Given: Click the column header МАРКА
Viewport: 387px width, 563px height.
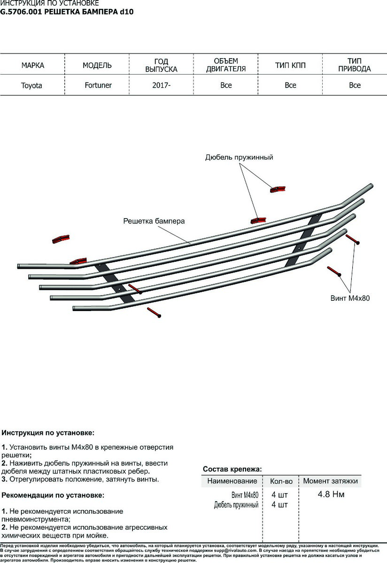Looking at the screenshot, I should [x=33, y=65].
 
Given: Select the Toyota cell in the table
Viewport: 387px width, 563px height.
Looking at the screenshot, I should [x=31, y=85].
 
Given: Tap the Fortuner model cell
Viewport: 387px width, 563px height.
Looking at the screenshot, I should [x=98, y=85].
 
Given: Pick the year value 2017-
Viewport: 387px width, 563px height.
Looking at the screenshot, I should [x=161, y=85].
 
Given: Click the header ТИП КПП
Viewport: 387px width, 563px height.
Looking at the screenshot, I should [x=290, y=65].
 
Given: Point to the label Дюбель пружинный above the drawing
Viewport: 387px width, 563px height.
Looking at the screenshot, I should [x=239, y=158].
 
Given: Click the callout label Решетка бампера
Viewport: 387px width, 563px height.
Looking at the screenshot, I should [x=154, y=221].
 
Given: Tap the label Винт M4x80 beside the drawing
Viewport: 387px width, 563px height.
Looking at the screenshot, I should [x=350, y=298].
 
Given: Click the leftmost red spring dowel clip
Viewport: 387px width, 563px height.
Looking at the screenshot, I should [x=61, y=239].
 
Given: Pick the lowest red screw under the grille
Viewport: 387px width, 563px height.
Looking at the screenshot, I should [x=155, y=312].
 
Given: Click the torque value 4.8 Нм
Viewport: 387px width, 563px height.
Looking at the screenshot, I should [x=331, y=495].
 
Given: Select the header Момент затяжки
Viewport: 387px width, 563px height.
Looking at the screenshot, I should [x=331, y=481].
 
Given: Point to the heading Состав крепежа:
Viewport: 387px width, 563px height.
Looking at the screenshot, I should [x=232, y=469].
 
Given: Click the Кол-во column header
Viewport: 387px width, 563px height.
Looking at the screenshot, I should [x=281, y=481].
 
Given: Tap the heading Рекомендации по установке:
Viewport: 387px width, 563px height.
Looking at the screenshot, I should [x=53, y=495].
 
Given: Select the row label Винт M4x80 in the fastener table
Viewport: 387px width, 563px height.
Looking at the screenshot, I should [x=245, y=495].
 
